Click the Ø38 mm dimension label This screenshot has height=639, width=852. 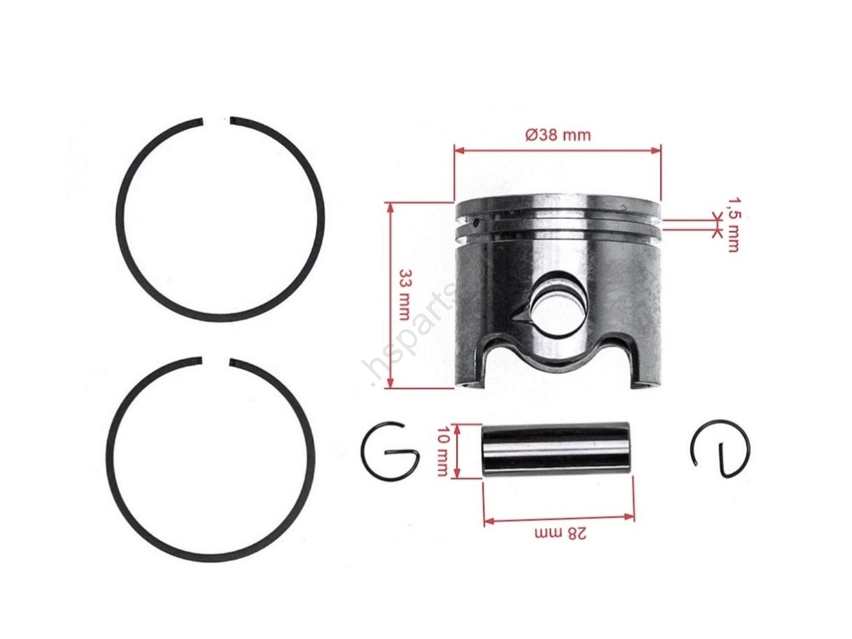click(x=557, y=135)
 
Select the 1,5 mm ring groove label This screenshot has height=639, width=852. click(x=732, y=225)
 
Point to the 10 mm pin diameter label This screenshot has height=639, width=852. click(x=442, y=451)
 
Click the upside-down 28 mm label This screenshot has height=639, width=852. click(x=560, y=534)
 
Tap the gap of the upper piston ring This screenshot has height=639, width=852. click(x=217, y=121)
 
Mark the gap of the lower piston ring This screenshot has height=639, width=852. click(x=216, y=361)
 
